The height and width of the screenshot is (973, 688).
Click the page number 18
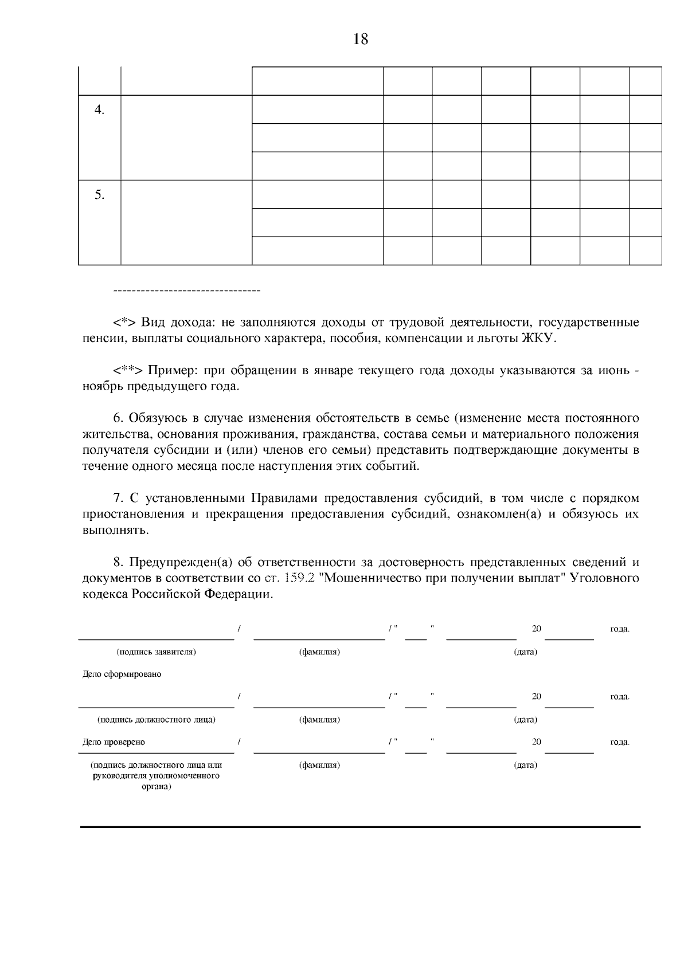click(361, 40)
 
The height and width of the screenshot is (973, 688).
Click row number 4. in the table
click(99, 110)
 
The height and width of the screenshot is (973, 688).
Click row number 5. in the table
click(99, 195)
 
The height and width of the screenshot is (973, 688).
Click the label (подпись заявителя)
click(157, 652)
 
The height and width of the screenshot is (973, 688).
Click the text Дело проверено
click(114, 742)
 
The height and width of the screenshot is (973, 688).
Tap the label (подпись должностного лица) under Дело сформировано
click(157, 720)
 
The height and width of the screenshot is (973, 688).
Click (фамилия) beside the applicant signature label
click(319, 652)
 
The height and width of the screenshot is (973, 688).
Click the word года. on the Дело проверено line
click(620, 742)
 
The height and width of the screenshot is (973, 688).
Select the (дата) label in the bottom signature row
click(525, 765)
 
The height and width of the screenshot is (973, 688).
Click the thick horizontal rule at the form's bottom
click(360, 827)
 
